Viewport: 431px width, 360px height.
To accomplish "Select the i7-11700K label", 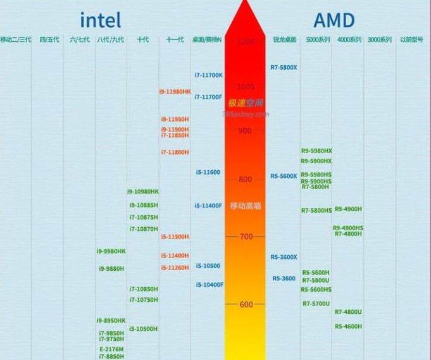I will (208, 75).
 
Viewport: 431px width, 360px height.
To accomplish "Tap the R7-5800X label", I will (284, 67).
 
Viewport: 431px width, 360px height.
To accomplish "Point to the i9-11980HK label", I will (175, 92).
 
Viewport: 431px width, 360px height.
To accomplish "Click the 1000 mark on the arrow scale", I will (245, 86).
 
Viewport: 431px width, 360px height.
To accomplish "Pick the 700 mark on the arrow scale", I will (245, 237).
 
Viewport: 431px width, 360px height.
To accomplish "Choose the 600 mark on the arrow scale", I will (245, 304).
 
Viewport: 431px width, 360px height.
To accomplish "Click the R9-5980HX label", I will (316, 151).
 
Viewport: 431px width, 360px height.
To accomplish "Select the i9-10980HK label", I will (143, 192).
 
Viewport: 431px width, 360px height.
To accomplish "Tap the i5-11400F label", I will (208, 206).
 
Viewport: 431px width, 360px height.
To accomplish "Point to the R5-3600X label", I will (284, 258).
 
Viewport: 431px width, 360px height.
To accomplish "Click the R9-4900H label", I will (348, 209).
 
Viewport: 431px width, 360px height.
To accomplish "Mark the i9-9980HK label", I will (111, 251).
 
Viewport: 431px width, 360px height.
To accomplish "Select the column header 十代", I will (142, 40).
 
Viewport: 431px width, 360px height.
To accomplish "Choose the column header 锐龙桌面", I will (284, 40).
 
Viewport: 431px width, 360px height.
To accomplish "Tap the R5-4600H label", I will (348, 326).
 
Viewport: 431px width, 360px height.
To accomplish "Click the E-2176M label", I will (111, 349).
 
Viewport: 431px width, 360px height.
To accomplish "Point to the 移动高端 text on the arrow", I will (245, 206).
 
